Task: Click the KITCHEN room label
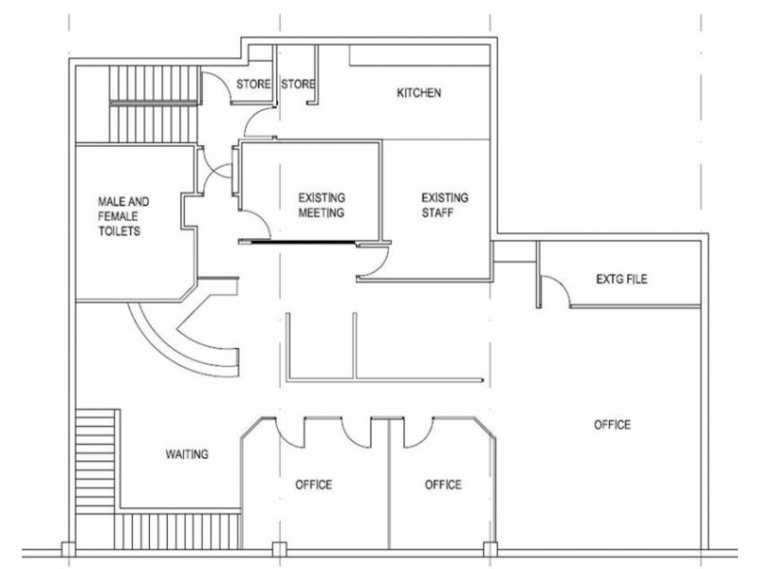tap(419, 93)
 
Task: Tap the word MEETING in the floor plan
tap(322, 213)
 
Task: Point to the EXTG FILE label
tap(621, 279)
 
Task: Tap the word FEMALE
tap(120, 215)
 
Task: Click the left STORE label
tap(253, 84)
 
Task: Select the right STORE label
tap(298, 84)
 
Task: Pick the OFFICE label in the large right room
tap(612, 425)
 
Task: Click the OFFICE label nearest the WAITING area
tap(313, 485)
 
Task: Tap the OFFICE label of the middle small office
tap(442, 485)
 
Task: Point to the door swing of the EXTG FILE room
tap(554, 294)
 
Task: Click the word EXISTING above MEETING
tap(322, 197)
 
